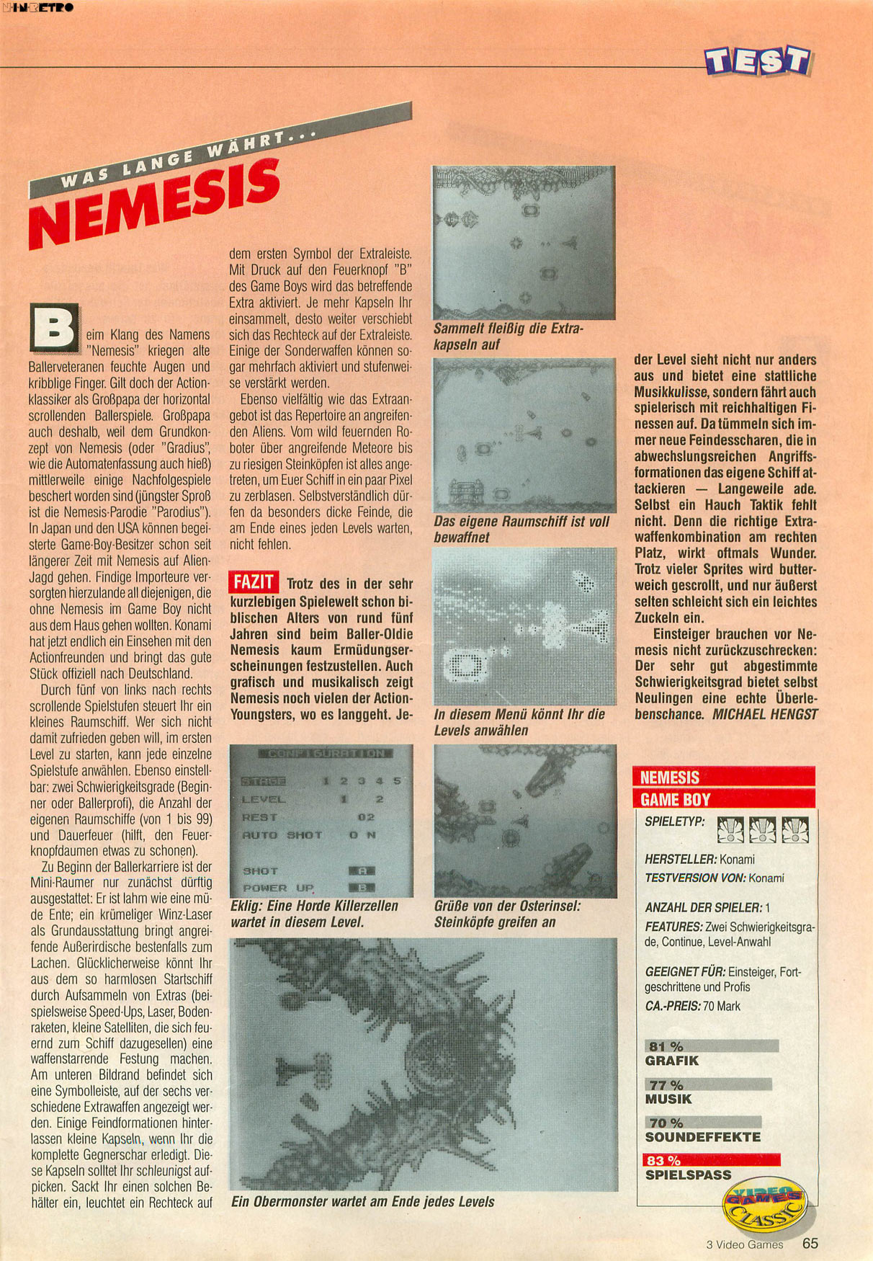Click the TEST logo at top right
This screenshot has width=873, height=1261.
758,61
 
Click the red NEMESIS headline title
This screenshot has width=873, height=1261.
155,205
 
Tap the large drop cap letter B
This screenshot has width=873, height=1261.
54,329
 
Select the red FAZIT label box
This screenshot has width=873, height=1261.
254,582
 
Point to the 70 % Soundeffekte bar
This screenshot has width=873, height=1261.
703,1122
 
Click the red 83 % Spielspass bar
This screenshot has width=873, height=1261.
711,1159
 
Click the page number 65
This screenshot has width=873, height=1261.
810,1243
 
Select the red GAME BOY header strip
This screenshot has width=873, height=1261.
723,798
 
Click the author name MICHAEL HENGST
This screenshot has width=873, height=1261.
765,714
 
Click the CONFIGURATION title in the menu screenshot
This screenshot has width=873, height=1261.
326,753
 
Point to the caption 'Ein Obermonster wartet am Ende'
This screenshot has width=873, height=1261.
362,1201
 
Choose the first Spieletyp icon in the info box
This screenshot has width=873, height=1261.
730,830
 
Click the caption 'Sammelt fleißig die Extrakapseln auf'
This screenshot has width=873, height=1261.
507,337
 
